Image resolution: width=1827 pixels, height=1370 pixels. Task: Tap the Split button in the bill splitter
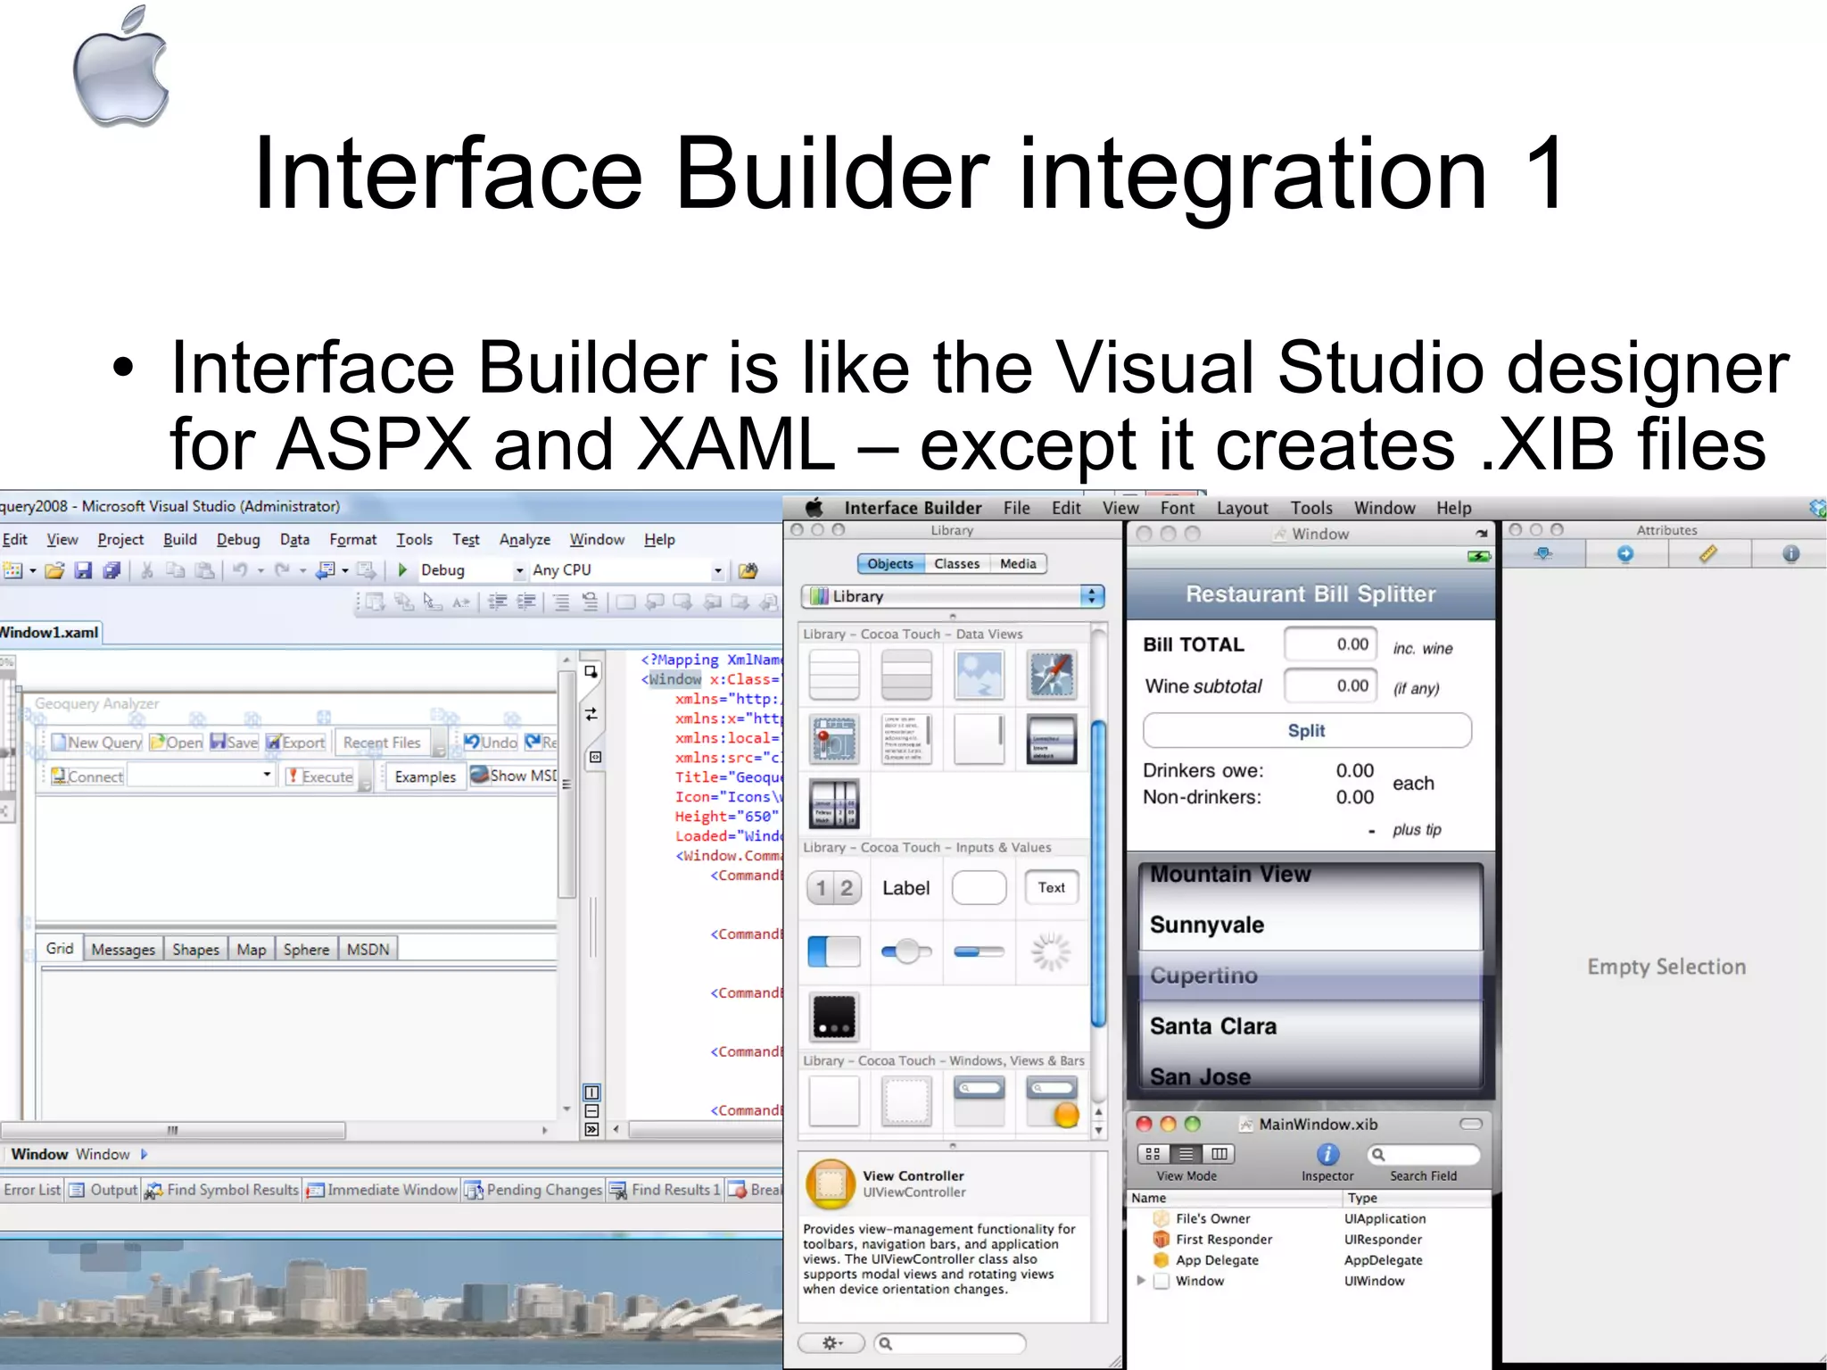point(1306,731)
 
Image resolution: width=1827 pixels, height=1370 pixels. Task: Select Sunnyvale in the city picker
point(1206,925)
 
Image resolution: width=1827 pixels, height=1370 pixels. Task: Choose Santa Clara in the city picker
point(1212,1026)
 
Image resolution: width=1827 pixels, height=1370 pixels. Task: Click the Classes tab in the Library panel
point(956,564)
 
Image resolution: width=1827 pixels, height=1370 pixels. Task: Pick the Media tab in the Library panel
point(1017,564)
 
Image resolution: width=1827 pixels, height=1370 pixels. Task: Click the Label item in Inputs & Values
point(905,888)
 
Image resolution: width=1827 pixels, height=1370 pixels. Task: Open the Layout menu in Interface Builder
point(1242,508)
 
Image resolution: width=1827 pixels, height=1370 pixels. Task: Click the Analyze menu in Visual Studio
point(525,540)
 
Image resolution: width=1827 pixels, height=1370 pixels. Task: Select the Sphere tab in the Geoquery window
point(306,950)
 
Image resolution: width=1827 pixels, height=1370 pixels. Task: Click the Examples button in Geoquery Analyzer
point(425,777)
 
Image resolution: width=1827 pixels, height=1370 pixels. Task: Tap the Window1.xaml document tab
point(50,633)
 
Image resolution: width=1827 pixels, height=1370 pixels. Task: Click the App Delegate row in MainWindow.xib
point(1217,1260)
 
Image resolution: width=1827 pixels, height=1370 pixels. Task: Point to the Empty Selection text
point(1666,967)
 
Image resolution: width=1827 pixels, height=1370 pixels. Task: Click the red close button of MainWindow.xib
point(1145,1125)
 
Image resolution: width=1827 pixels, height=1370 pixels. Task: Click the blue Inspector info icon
point(1327,1154)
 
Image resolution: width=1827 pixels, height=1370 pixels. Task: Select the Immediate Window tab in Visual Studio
point(391,1190)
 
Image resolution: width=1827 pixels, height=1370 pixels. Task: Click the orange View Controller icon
point(830,1183)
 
